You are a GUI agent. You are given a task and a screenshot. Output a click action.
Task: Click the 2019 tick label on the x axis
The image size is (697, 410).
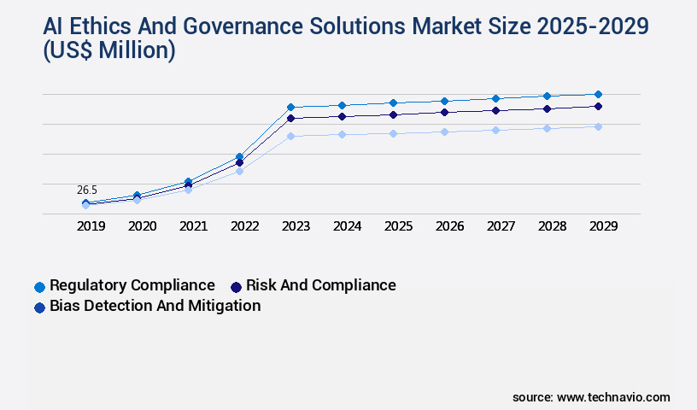(91, 226)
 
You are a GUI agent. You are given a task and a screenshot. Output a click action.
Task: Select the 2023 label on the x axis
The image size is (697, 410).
(296, 226)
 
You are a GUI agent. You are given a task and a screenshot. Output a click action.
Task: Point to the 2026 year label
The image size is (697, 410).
(449, 226)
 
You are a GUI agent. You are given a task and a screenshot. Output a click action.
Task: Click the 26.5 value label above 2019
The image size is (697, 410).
(87, 190)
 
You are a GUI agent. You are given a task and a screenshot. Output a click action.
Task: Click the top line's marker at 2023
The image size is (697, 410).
(290, 107)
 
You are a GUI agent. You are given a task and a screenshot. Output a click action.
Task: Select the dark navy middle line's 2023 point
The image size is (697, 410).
(290, 118)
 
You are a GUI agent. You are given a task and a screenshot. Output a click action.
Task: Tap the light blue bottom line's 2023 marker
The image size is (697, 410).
(290, 136)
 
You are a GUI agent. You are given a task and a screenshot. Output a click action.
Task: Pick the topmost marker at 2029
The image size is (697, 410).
(598, 94)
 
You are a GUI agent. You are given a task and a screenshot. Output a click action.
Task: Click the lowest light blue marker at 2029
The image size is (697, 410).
(598, 126)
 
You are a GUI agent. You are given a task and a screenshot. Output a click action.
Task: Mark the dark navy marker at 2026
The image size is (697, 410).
(444, 112)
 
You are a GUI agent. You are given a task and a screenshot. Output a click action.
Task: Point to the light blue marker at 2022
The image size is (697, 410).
(239, 172)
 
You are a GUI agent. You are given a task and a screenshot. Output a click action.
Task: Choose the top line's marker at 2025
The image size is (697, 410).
(393, 102)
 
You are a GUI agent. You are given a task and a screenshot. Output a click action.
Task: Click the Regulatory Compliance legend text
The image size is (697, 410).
(132, 285)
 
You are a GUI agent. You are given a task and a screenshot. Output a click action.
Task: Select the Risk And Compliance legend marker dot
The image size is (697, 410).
(236, 286)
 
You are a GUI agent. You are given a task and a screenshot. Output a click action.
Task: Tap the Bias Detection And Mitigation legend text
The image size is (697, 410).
(155, 306)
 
